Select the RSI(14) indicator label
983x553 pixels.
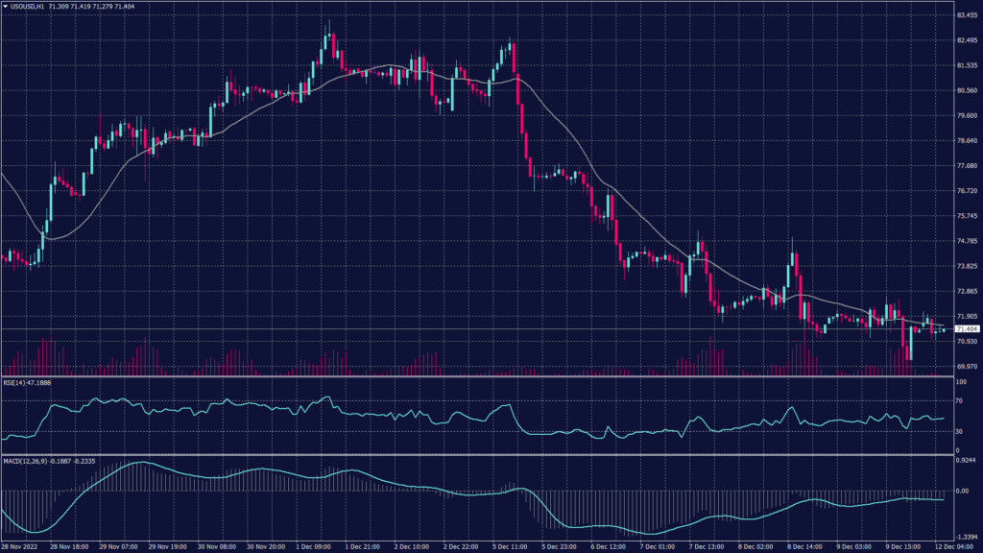pyautogui.click(x=27, y=383)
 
